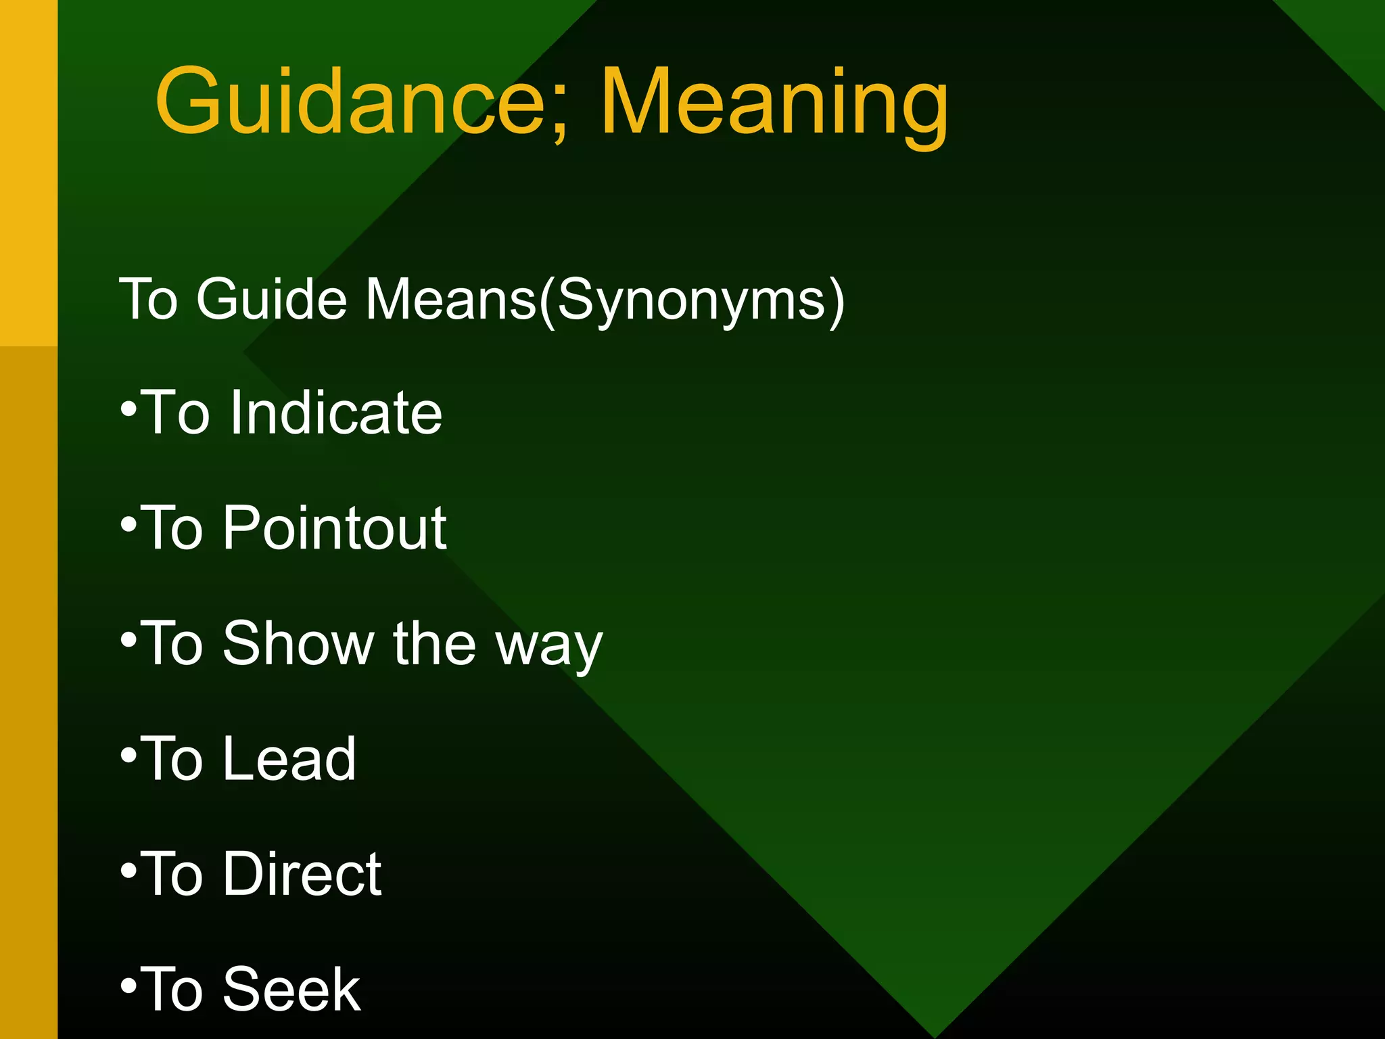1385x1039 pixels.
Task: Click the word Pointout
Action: [x=335, y=528]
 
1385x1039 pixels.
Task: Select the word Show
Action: [x=298, y=643]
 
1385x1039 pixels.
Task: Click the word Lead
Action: [x=289, y=758]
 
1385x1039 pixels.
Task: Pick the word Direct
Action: [x=302, y=874]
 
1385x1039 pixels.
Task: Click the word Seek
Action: [x=292, y=989]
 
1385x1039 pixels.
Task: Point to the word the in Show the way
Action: [x=433, y=643]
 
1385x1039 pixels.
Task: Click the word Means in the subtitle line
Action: [x=451, y=299]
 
